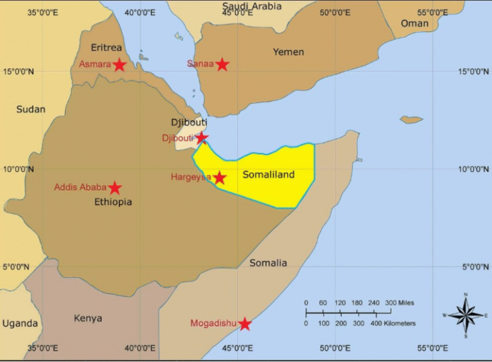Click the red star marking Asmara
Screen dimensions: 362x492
pyautogui.click(x=120, y=65)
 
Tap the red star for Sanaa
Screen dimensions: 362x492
pyautogui.click(x=222, y=64)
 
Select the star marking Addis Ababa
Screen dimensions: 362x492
pyautogui.click(x=115, y=188)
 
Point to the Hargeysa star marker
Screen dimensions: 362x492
pyautogui.click(x=219, y=178)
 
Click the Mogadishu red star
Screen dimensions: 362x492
pyautogui.click(x=245, y=324)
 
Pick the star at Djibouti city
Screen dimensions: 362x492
pyautogui.click(x=202, y=138)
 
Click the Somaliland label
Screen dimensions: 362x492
pyautogui.click(x=269, y=175)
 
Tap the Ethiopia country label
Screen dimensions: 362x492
pyautogui.click(x=113, y=202)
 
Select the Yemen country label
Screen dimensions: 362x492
pyautogui.click(x=288, y=52)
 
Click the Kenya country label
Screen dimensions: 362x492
pyautogui.click(x=87, y=318)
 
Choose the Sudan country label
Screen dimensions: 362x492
pyautogui.click(x=31, y=109)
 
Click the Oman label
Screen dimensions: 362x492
pyautogui.click(x=414, y=23)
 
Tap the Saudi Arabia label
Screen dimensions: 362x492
pyautogui.click(x=251, y=6)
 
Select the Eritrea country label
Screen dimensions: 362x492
pyautogui.click(x=107, y=48)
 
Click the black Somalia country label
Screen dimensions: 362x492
pyautogui.click(x=268, y=263)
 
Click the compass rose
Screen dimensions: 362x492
pyautogui.click(x=466, y=316)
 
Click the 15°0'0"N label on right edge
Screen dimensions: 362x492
pyautogui.click(x=474, y=71)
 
